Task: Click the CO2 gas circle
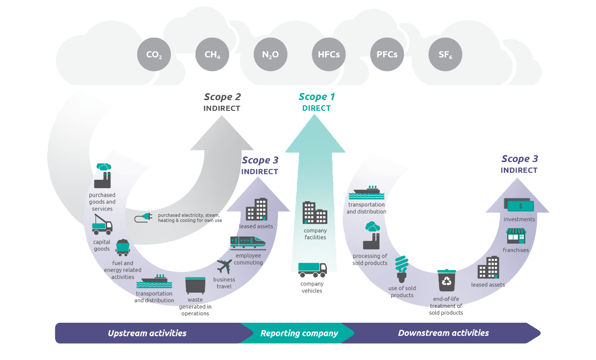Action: coord(154,54)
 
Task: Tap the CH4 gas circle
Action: coord(212,54)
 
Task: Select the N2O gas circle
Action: coord(271,54)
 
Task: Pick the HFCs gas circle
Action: coord(329,54)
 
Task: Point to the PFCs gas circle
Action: coord(387,54)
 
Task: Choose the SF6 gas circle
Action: coord(445,54)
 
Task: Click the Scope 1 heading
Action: coord(317,97)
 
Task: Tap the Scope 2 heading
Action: coord(222,97)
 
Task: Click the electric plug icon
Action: coord(143,217)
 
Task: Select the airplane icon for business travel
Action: coord(224,266)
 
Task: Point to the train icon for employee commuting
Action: coord(248,242)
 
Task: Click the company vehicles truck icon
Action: coord(312,270)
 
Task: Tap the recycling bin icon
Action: coord(447,281)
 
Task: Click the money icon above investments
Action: coord(519,205)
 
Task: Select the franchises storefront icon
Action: coord(516,236)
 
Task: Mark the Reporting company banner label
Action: coord(299,333)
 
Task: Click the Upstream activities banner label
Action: coord(147,333)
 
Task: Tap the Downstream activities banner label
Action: coord(443,333)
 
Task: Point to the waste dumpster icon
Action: coord(195,285)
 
